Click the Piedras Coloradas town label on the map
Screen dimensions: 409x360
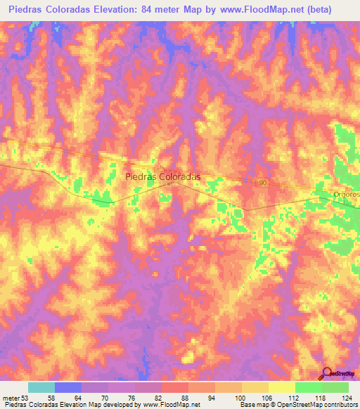162,178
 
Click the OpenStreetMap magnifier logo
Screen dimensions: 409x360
326,373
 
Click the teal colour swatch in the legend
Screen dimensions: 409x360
41,387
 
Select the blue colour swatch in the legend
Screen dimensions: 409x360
68,387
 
